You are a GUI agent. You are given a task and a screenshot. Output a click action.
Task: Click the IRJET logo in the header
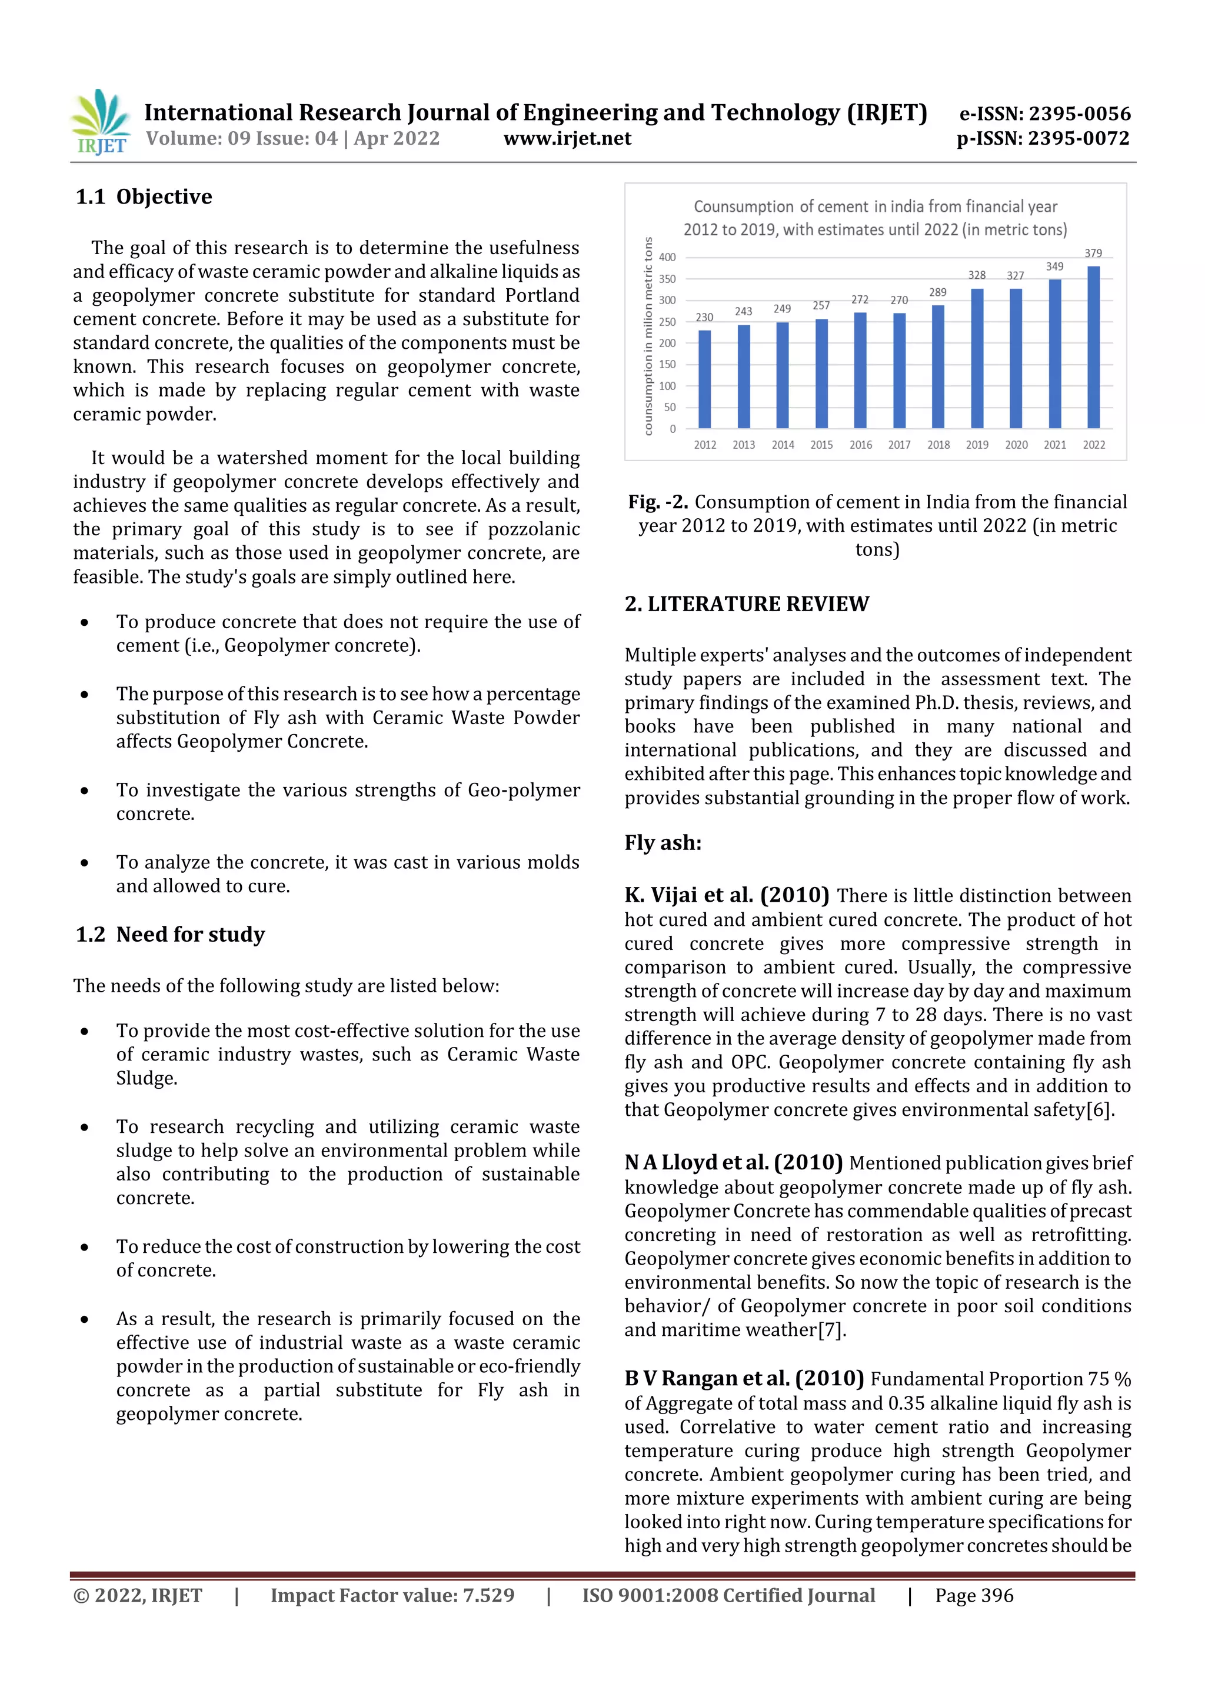[x=101, y=122]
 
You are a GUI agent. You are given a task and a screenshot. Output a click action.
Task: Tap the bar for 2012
[x=705, y=379]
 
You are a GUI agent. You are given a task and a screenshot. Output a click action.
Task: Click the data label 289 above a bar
[x=938, y=292]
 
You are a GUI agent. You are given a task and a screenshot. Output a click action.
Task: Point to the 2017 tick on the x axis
[x=899, y=445]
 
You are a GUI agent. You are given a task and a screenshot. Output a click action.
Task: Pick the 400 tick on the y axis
[x=667, y=258]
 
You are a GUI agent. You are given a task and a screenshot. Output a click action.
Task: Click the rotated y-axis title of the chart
[x=648, y=336]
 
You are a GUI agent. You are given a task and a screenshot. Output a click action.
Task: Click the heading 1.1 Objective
[x=144, y=196]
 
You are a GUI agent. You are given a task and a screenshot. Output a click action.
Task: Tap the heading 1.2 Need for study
[x=170, y=935]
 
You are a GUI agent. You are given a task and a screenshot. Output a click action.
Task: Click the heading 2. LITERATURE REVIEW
[x=746, y=604]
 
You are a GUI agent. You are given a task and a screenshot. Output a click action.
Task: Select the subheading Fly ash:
[x=663, y=843]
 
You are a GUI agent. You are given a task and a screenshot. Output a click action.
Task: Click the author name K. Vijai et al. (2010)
[x=726, y=895]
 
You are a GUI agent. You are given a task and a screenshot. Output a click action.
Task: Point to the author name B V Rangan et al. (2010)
[x=744, y=1379]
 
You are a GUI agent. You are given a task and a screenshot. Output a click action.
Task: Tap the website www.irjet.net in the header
[x=567, y=139]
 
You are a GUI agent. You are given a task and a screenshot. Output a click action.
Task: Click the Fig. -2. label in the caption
[x=658, y=502]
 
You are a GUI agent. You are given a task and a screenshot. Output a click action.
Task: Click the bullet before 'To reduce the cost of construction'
[x=85, y=1248]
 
